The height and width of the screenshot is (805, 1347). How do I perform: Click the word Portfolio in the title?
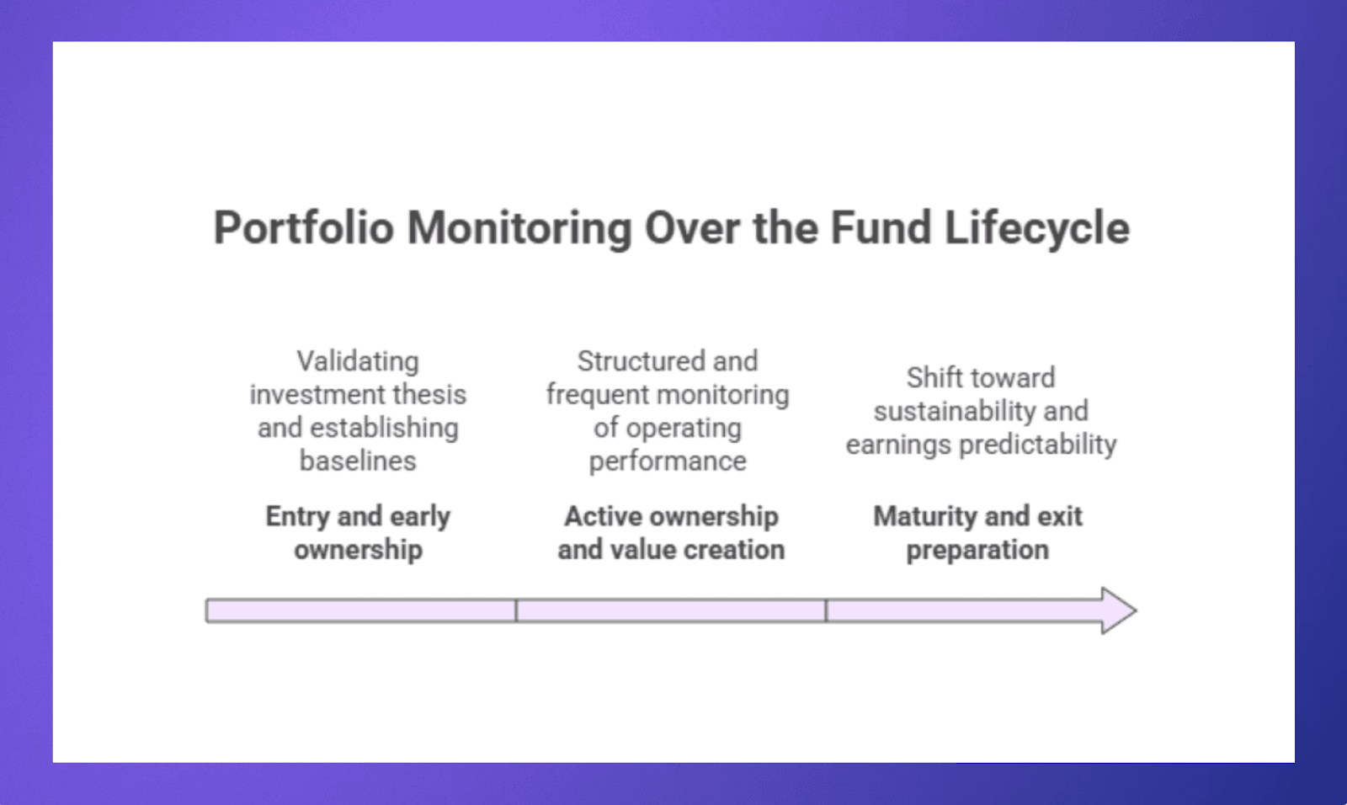(x=303, y=228)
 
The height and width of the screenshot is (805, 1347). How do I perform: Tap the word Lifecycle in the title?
(x=1036, y=228)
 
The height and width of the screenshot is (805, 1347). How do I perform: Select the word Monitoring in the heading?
(x=519, y=228)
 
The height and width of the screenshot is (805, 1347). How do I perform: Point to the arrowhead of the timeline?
(x=1119, y=610)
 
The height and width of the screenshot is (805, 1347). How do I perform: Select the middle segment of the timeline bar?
(x=670, y=610)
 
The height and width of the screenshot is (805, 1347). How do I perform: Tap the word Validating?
(x=358, y=361)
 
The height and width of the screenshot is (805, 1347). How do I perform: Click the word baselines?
(x=358, y=461)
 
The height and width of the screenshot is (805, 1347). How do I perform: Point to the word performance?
(x=668, y=461)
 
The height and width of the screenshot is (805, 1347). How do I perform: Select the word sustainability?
(x=954, y=411)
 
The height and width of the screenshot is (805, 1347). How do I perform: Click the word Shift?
(x=934, y=377)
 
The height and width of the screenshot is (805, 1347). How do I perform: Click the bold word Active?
(x=602, y=516)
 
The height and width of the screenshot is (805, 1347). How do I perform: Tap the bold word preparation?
(x=977, y=550)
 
